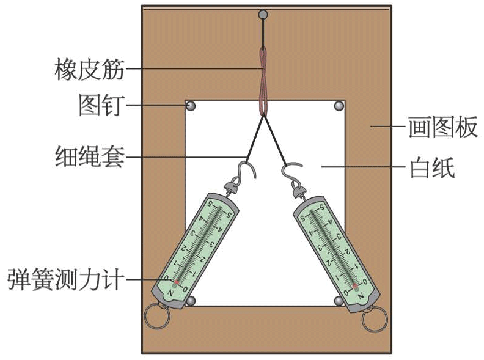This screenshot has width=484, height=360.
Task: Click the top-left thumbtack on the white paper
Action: pyautogui.click(x=191, y=107)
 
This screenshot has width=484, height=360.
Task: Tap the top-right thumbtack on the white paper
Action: pyautogui.click(x=339, y=107)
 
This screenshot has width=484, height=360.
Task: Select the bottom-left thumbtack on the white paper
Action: pyautogui.click(x=191, y=301)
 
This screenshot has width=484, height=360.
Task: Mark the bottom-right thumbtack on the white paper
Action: pyautogui.click(x=340, y=301)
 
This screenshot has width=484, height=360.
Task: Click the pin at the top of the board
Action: pyautogui.click(x=263, y=14)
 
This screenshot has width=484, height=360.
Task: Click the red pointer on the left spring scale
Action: pyautogui.click(x=176, y=283)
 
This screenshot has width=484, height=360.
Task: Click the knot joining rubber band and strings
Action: pyautogui.click(x=264, y=114)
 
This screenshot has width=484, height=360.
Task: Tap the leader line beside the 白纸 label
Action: pyautogui.click(x=342, y=167)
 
